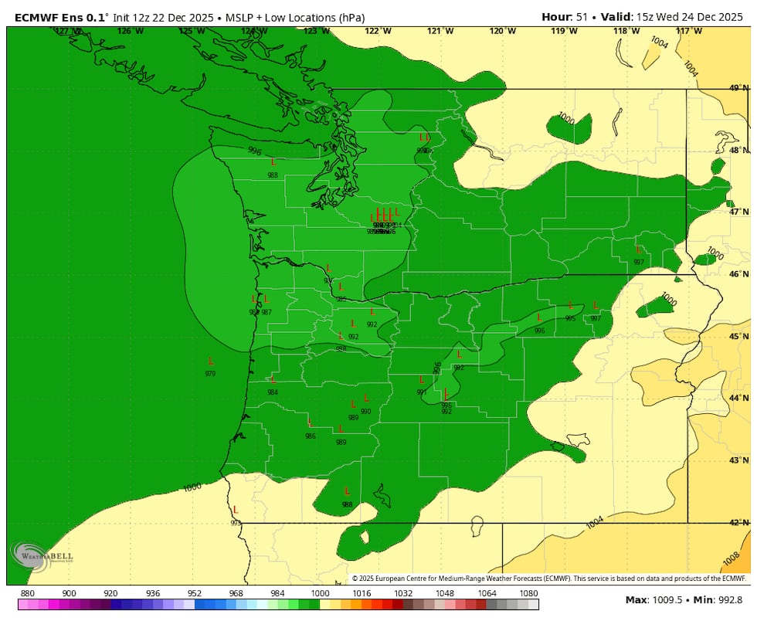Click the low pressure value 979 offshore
pyautogui.click(x=210, y=374)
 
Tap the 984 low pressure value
pyautogui.click(x=273, y=392)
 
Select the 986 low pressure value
pyautogui.click(x=310, y=436)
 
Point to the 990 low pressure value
pyautogui.click(x=365, y=412)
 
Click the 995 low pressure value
pyautogui.click(x=570, y=318)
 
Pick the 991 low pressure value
pyautogui.click(x=422, y=392)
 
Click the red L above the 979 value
pyautogui.click(x=211, y=361)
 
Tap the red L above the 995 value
pyautogui.click(x=571, y=306)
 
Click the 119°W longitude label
pyautogui.click(x=564, y=31)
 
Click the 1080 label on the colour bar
pyautogui.click(x=528, y=593)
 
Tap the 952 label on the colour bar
pyautogui.click(x=194, y=593)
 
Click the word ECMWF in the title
pyautogui.click(x=35, y=17)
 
